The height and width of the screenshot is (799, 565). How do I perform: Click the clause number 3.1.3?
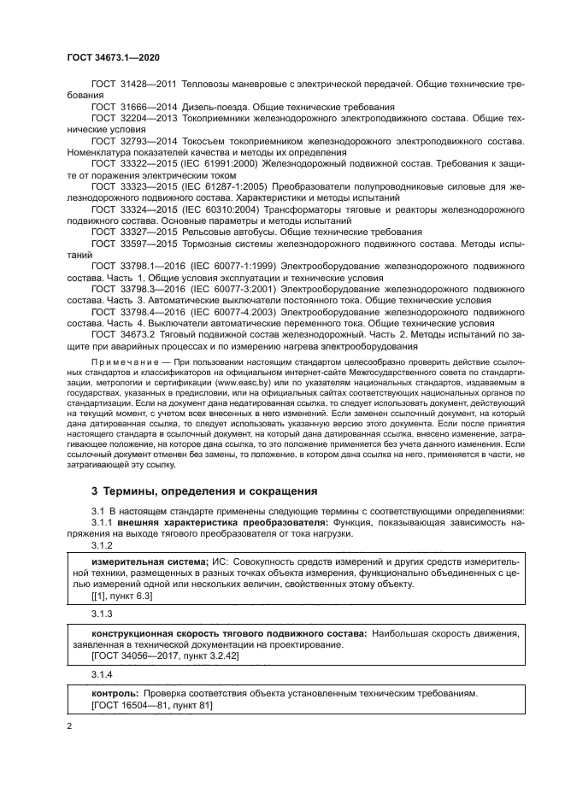pyautogui.click(x=102, y=614)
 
